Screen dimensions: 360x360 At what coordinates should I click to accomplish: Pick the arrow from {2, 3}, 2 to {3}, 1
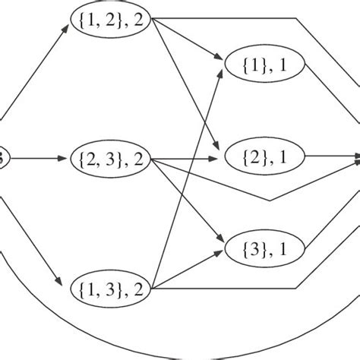coord(190,201)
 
